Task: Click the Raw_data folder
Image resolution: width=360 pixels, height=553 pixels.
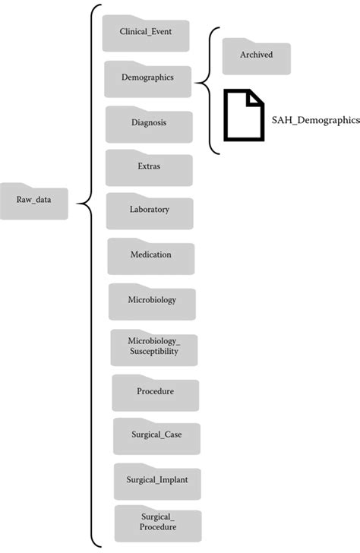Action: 34,201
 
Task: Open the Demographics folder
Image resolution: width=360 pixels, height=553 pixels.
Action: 147,77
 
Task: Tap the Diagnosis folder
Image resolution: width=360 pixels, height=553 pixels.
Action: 148,122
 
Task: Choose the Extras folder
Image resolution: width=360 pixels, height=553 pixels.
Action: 149,166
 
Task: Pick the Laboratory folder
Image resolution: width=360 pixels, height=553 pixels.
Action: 150,210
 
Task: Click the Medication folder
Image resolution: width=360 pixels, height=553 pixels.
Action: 150,255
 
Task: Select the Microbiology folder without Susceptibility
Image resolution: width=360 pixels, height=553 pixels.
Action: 152,300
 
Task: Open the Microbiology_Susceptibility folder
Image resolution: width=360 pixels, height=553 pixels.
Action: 154,346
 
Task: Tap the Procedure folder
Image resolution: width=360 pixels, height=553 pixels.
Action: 155,392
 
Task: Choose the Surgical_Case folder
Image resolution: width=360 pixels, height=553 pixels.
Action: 156,435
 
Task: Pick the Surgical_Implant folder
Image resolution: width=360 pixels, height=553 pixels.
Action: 157,480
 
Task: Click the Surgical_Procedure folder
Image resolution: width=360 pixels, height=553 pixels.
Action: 158,523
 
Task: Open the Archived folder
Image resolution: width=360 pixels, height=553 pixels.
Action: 256,55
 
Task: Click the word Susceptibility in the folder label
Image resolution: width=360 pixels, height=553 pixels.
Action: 154,352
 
